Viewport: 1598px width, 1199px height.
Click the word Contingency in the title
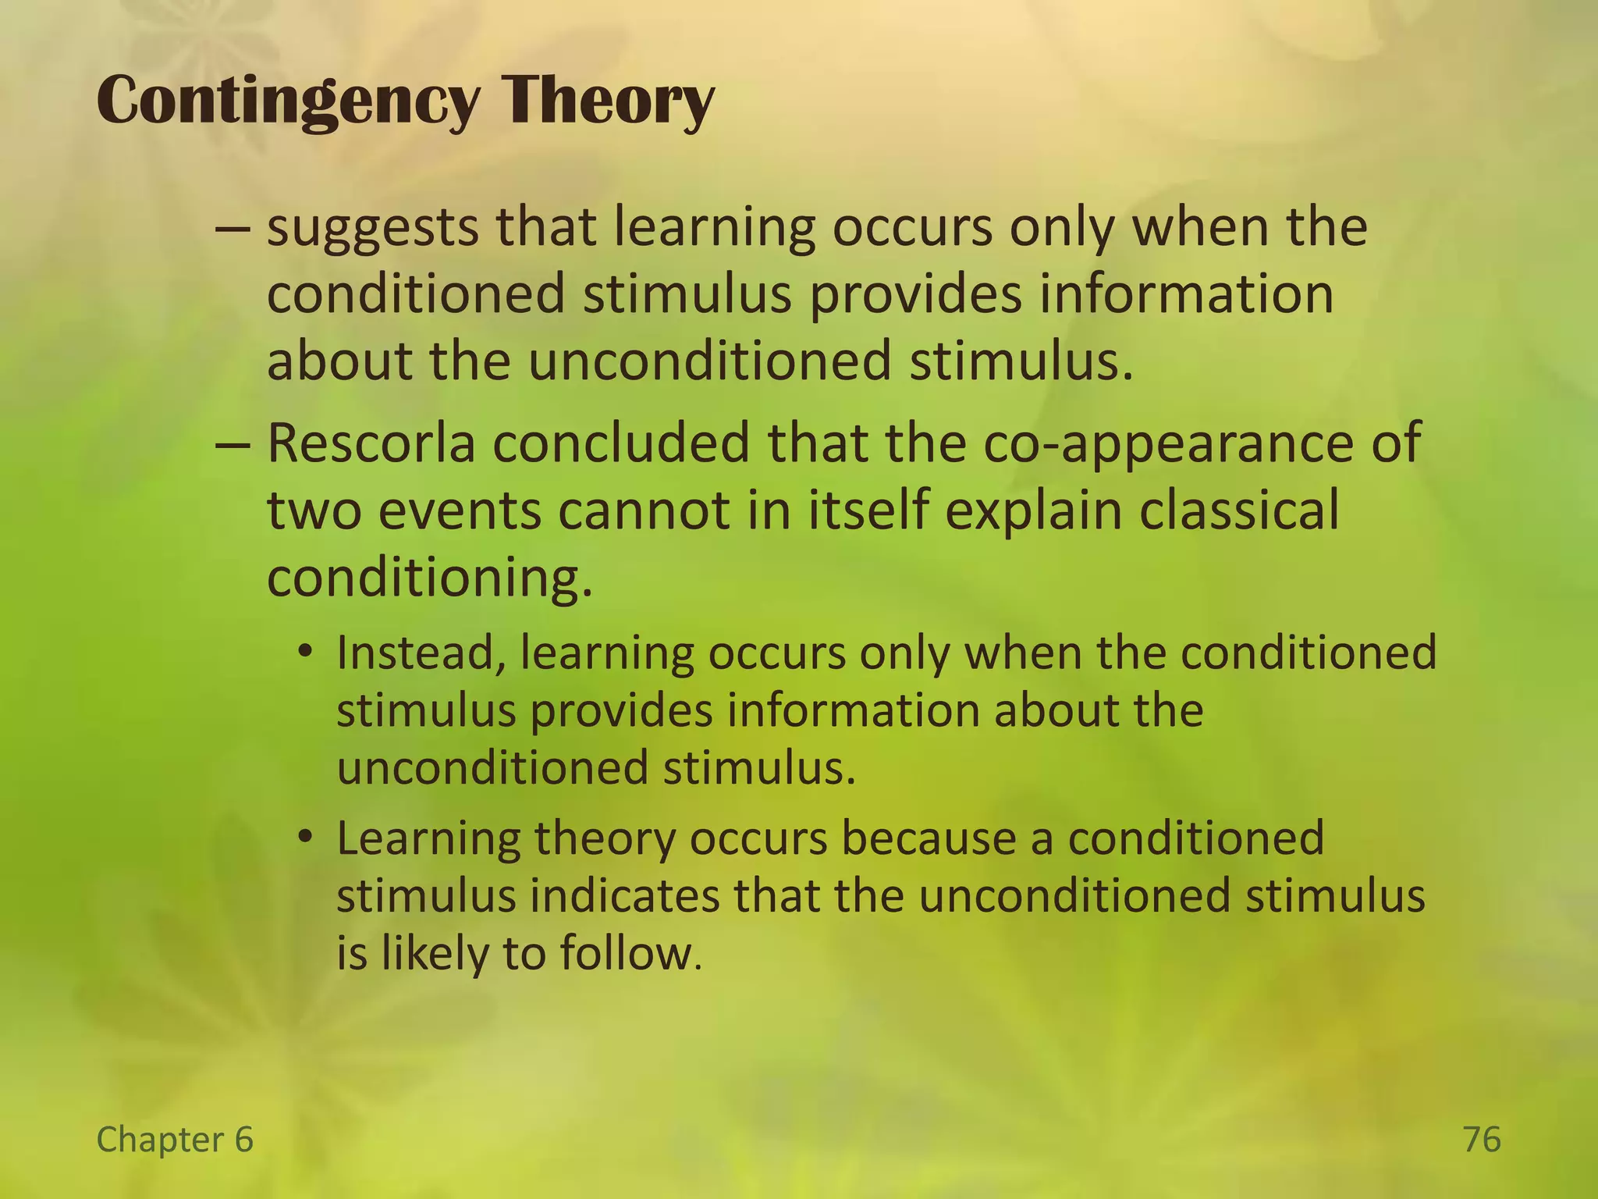(x=286, y=101)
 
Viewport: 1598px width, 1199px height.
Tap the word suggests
(x=372, y=228)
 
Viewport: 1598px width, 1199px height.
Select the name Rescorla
(x=371, y=443)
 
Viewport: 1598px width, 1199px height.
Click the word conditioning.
(x=429, y=578)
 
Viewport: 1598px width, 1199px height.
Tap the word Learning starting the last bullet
(x=428, y=838)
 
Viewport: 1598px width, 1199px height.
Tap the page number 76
(x=1481, y=1140)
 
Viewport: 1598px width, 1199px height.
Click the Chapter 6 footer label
(x=175, y=1140)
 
